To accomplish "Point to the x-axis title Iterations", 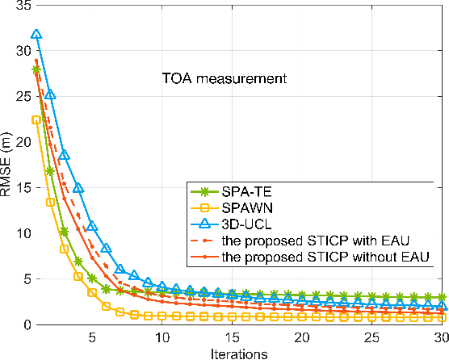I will click(x=231, y=353).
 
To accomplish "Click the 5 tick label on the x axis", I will click(x=92, y=337).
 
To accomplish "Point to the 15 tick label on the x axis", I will click(x=232, y=337).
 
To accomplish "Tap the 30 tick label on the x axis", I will click(x=441, y=337).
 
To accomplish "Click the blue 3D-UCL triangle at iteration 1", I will click(x=36, y=36).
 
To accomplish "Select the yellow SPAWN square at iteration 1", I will click(x=36, y=119).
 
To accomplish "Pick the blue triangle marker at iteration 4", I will click(x=78, y=188).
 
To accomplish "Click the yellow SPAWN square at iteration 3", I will click(x=64, y=249).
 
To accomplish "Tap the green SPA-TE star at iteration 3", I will click(x=64, y=232).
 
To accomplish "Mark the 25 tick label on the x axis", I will click(x=371, y=337).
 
